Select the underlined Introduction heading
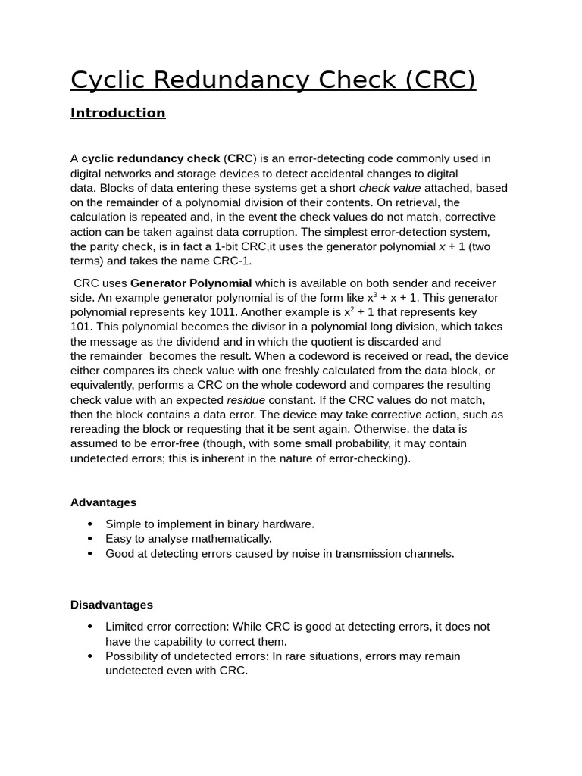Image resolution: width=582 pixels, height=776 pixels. [x=117, y=113]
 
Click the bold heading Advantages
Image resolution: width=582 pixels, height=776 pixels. [x=103, y=502]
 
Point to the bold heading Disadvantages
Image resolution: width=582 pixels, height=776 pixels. [x=111, y=605]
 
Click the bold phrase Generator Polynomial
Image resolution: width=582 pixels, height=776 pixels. [x=191, y=283]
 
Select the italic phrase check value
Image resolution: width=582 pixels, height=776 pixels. [x=390, y=188]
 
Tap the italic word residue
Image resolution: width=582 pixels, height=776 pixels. [x=246, y=399]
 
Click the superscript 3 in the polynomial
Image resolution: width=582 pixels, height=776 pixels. [x=375, y=295]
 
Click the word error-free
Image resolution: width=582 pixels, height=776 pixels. [x=188, y=443]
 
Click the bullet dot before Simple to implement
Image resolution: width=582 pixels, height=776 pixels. [x=90, y=524]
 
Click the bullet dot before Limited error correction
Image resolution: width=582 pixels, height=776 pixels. [x=90, y=627]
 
